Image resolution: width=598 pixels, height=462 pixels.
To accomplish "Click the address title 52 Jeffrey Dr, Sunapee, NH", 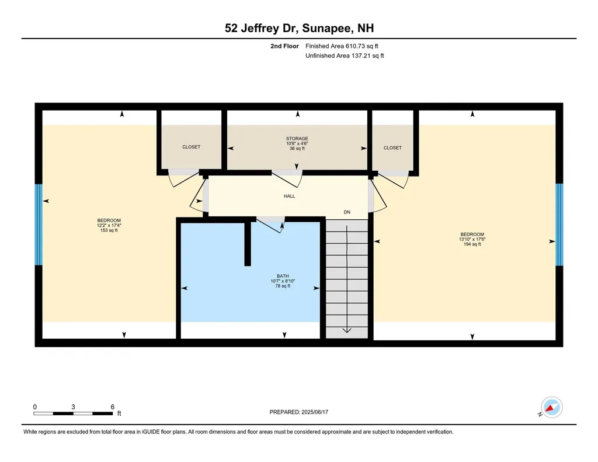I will [299, 27].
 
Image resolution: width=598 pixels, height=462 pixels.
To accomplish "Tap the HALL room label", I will [289, 196].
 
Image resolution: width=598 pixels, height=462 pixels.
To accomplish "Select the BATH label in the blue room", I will [283, 276].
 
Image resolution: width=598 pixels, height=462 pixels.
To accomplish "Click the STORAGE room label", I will [297, 139].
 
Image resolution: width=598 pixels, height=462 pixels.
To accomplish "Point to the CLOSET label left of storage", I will [191, 147].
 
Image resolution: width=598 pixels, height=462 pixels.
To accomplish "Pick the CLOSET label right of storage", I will [392, 148].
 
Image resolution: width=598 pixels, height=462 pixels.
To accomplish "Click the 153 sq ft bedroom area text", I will [109, 230].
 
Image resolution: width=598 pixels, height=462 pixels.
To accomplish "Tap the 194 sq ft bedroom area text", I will [472, 244].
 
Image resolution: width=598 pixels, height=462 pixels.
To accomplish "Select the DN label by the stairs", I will [347, 212].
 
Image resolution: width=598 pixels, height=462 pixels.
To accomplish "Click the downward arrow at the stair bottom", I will [347, 329].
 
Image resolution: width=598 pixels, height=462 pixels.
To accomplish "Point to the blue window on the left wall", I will [39, 224].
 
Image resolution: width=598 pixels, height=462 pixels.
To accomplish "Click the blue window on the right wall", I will [559, 224].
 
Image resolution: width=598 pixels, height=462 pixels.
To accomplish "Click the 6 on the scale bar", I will [112, 406].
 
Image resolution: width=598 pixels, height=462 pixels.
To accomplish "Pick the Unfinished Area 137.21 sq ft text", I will [345, 56].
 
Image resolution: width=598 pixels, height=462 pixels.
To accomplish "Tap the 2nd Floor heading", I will [284, 46].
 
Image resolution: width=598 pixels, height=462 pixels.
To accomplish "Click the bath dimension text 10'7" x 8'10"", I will [283, 281].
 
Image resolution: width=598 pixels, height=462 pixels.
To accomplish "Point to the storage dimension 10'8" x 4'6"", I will [297, 143].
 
